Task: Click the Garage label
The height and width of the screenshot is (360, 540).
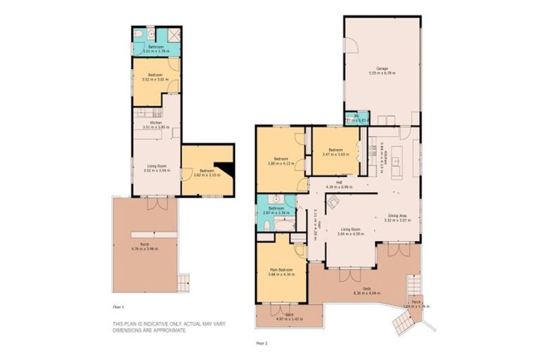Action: point(382,68)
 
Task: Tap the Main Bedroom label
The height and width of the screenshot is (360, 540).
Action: point(281,269)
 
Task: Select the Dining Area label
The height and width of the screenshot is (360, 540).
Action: point(397,216)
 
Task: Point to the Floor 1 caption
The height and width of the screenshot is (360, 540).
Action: point(118,307)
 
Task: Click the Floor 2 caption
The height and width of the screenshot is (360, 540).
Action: point(262,343)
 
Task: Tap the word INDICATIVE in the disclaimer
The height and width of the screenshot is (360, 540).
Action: point(152,324)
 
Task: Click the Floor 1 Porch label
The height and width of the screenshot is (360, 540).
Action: point(144,244)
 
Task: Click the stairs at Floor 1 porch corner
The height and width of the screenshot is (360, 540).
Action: point(182,282)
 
